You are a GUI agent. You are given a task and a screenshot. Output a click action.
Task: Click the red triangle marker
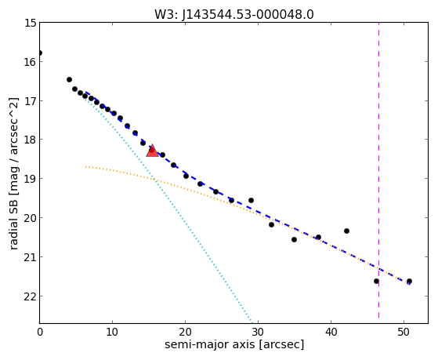pyautogui.click(x=152, y=151)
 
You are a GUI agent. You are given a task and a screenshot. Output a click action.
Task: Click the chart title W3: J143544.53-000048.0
pyautogui.click(x=234, y=15)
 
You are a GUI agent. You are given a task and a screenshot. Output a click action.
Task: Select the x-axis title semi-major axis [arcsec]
pyautogui.click(x=234, y=344)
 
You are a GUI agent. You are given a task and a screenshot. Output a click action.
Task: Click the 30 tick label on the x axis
pyautogui.click(x=258, y=332)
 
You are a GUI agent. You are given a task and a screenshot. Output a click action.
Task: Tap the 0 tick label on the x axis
pyautogui.click(x=40, y=332)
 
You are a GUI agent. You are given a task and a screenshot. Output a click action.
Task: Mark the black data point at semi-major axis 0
pyautogui.click(x=40, y=53)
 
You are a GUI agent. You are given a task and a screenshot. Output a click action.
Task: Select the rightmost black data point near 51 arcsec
pyautogui.click(x=409, y=281)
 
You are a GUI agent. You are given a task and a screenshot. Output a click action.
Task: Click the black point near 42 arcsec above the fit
pyautogui.click(x=346, y=231)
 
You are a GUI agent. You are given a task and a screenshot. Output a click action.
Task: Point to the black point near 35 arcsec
pyautogui.click(x=294, y=239)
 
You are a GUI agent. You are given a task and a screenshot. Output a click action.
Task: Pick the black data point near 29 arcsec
pyautogui.click(x=251, y=200)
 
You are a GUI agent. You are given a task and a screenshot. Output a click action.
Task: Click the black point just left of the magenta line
pyautogui.click(x=376, y=281)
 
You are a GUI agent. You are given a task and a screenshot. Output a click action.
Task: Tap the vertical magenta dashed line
pyautogui.click(x=378, y=170)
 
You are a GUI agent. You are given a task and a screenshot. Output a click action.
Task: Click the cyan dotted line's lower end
pyautogui.click(x=252, y=323)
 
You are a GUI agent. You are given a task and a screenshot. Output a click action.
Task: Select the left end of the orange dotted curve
pyautogui.click(x=85, y=167)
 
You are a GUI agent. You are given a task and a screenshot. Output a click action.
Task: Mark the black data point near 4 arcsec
pyautogui.click(x=69, y=80)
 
